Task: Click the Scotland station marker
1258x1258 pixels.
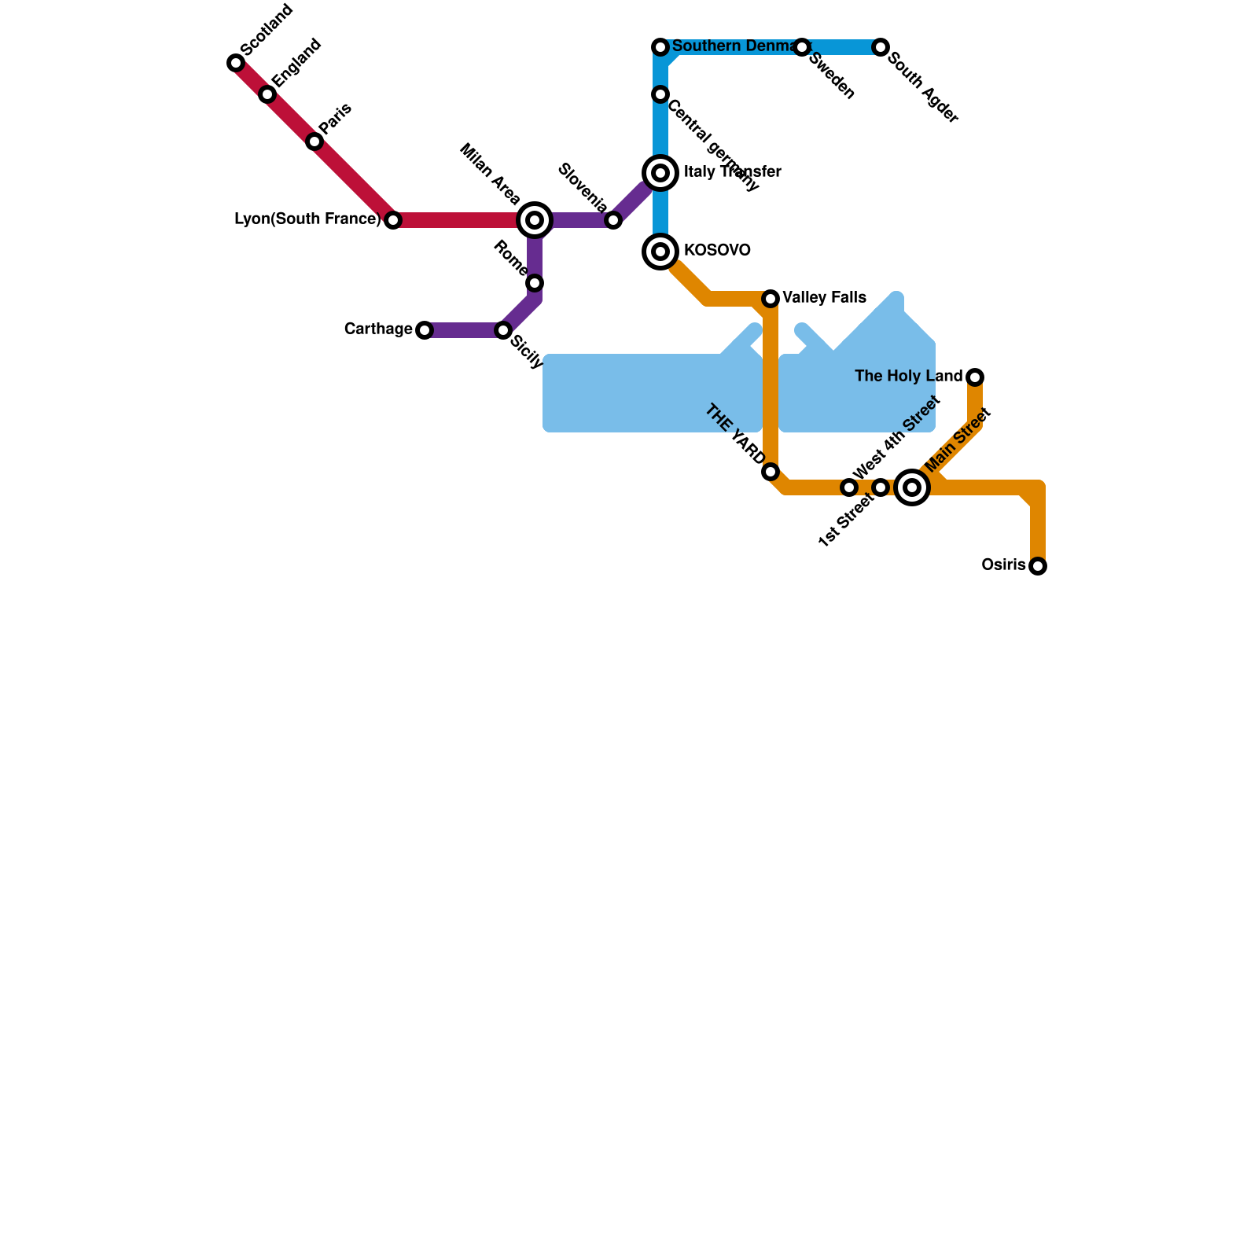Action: (x=236, y=63)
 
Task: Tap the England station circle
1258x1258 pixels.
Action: (x=267, y=94)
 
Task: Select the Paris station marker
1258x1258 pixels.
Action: (x=314, y=142)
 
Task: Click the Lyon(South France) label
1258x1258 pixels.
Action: (x=307, y=219)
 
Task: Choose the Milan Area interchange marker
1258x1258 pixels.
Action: (x=535, y=220)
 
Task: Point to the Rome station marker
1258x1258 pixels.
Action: (x=535, y=283)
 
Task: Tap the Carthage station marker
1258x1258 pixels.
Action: (x=425, y=330)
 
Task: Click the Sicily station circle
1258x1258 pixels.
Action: (x=503, y=330)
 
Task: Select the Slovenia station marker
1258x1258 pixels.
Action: (x=613, y=220)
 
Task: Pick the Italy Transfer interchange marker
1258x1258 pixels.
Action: (x=660, y=173)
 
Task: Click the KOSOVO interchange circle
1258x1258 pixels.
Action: (x=660, y=252)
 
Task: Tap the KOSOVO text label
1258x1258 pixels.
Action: (x=717, y=251)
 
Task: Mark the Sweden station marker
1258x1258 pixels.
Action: (x=802, y=47)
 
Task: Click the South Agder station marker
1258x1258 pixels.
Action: (x=881, y=47)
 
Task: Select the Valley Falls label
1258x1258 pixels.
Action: (x=824, y=298)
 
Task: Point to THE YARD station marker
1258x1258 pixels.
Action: (x=771, y=472)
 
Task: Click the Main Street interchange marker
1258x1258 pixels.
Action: (x=912, y=487)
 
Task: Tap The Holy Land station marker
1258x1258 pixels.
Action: (x=975, y=377)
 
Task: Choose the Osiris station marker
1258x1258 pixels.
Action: (x=1038, y=566)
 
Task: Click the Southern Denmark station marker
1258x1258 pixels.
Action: (x=660, y=47)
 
